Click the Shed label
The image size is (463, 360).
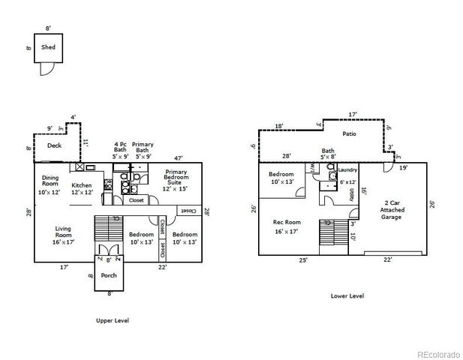tap(48, 46)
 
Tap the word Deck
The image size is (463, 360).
tap(54, 145)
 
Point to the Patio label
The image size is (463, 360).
tap(348, 134)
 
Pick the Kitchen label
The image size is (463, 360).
tap(82, 187)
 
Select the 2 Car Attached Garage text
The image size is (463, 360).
tap(392, 209)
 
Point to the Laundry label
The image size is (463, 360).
tap(347, 170)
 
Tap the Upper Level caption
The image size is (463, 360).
tap(112, 320)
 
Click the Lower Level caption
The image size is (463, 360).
tap(347, 295)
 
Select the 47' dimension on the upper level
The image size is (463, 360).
tap(179, 158)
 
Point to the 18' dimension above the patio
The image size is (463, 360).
tap(278, 126)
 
